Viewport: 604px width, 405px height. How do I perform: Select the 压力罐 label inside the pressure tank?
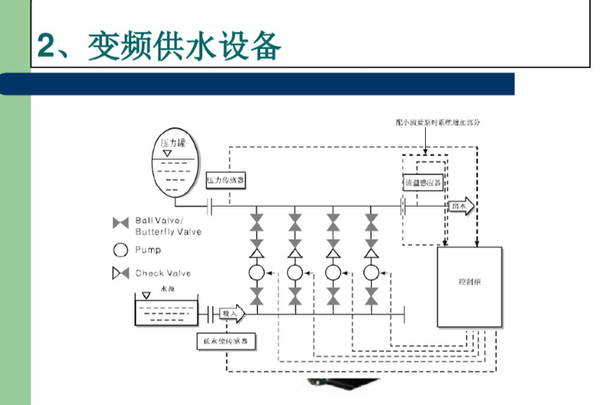[x=173, y=143]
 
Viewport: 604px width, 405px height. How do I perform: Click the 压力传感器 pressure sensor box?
[x=226, y=180]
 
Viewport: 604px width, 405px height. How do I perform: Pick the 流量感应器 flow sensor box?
[x=424, y=184]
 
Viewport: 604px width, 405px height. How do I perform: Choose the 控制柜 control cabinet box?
[x=469, y=286]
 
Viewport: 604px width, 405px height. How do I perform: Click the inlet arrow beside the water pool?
[x=232, y=313]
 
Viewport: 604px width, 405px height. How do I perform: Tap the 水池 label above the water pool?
[x=167, y=288]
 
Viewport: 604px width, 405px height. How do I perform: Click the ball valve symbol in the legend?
[x=120, y=224]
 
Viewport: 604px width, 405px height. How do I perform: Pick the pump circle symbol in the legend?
[x=120, y=249]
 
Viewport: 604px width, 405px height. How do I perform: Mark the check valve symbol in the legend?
[x=120, y=273]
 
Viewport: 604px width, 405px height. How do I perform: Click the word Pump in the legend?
[x=148, y=249]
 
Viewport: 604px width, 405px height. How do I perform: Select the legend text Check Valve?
[x=163, y=273]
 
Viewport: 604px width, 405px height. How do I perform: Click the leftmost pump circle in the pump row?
[x=256, y=273]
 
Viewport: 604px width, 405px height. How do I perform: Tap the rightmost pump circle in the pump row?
[x=372, y=273]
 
